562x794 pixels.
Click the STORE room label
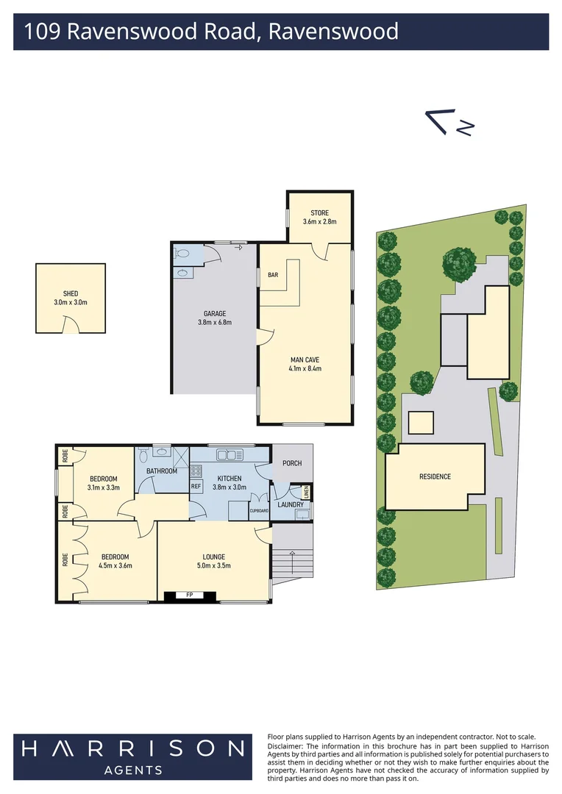(319, 213)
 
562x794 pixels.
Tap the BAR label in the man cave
(273, 275)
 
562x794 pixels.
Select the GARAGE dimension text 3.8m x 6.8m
(215, 322)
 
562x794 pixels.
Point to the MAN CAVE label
(306, 360)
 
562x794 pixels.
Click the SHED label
(71, 293)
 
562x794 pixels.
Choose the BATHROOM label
(162, 471)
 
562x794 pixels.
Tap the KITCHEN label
(229, 478)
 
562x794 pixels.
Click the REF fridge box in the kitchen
(196, 487)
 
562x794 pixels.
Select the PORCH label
(292, 463)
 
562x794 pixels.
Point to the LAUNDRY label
(291, 504)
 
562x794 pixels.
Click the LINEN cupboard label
(307, 492)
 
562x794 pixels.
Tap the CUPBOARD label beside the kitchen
(259, 510)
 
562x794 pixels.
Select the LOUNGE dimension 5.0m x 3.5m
(214, 565)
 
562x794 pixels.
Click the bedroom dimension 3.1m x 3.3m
(102, 487)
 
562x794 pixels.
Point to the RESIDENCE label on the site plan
(435, 476)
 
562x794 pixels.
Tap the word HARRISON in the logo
(132, 748)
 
